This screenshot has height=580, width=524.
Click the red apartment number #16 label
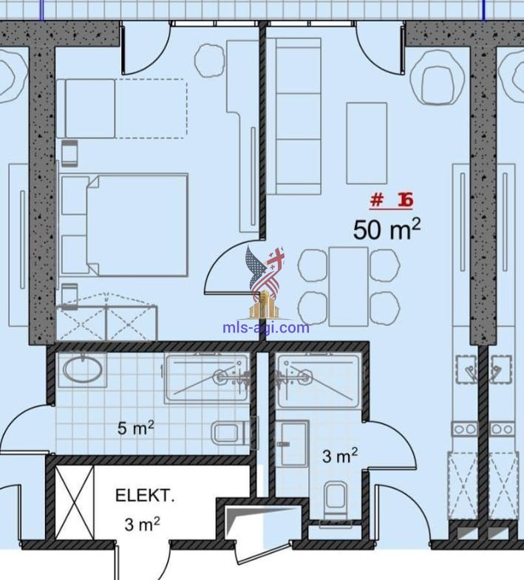[391, 200]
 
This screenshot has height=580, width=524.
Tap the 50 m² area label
[387, 228]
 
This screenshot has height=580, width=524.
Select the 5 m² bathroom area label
[135, 428]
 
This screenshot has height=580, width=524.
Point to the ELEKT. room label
[145, 495]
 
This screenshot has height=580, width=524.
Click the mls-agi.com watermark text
[266, 328]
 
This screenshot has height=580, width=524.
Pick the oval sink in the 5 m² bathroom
[82, 369]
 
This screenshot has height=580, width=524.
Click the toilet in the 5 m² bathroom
[232, 433]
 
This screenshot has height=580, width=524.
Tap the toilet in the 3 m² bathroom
[336, 500]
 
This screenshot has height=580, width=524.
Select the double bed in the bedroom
[123, 225]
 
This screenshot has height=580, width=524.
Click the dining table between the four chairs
[348, 287]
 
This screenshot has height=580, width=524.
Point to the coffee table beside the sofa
[367, 143]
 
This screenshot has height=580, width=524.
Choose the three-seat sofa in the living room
[294, 116]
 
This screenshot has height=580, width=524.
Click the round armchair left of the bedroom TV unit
[210, 61]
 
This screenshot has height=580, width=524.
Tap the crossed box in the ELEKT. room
[75, 502]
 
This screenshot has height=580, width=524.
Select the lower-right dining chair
[384, 309]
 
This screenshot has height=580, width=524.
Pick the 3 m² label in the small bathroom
[340, 455]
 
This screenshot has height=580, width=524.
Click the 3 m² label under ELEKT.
[142, 524]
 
